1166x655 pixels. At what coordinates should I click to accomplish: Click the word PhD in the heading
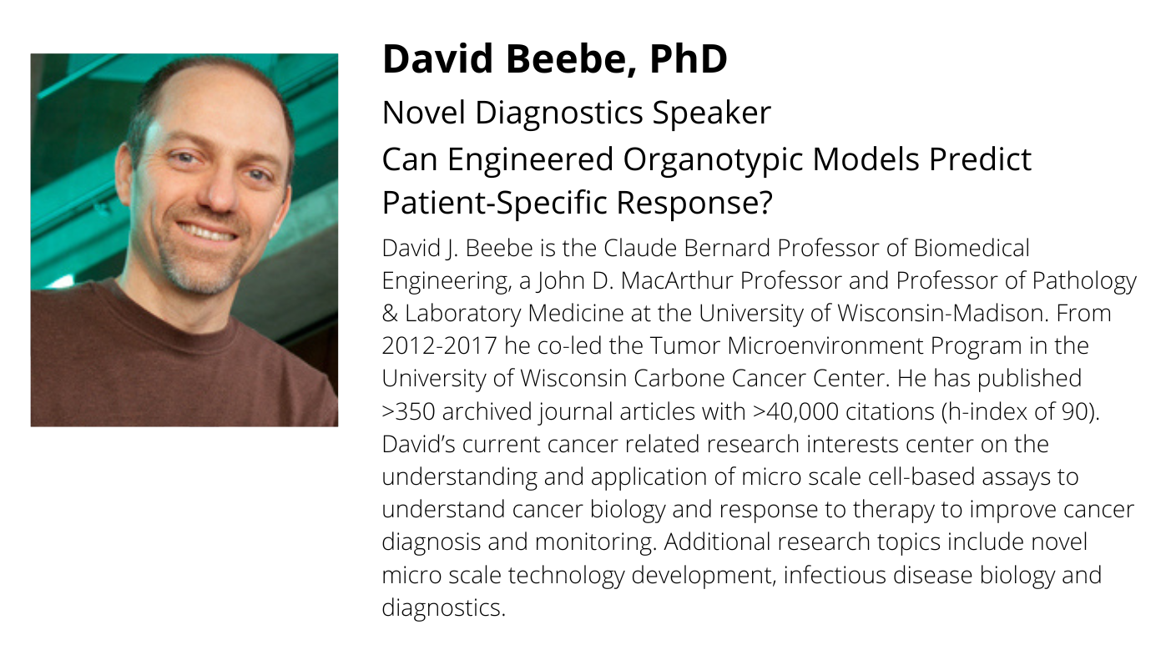[688, 58]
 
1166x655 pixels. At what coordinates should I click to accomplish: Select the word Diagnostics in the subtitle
[559, 113]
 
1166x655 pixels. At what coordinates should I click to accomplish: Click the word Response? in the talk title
[695, 204]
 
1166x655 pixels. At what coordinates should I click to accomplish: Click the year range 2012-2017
[439, 346]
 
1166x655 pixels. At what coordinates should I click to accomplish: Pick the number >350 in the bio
[408, 411]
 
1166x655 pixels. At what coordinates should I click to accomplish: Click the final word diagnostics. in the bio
[443, 608]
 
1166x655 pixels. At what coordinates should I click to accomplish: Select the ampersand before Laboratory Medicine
[389, 314]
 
